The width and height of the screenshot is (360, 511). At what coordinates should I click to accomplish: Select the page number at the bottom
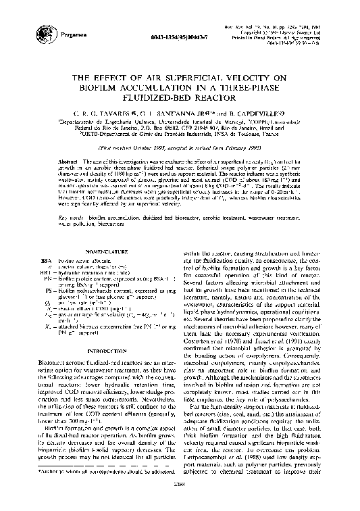(180, 504)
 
